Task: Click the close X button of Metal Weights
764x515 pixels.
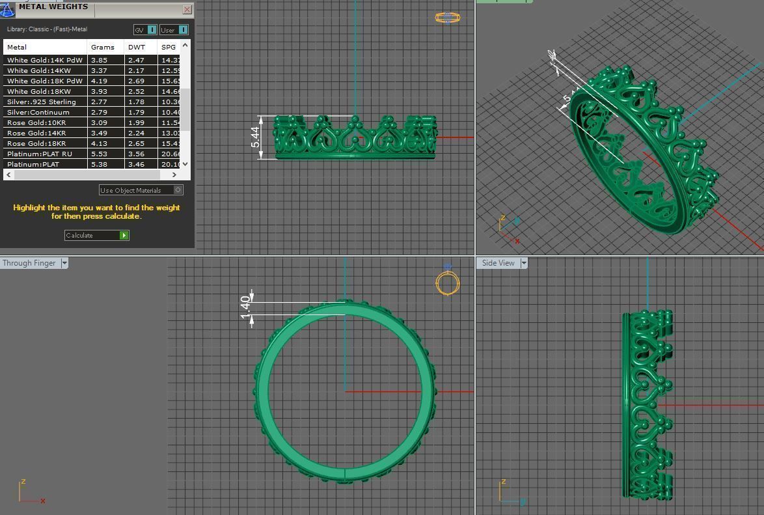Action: [187, 9]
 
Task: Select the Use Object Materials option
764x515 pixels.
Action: [141, 190]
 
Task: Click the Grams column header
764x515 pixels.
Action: [103, 47]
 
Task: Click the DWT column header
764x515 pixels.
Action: [137, 47]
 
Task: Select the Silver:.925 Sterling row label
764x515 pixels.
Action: [42, 102]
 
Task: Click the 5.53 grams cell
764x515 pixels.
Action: [99, 154]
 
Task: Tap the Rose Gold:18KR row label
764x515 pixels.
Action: [36, 143]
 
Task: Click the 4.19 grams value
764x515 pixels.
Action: [99, 81]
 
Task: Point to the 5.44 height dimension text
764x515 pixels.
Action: [255, 137]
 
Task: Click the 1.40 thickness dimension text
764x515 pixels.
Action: [245, 307]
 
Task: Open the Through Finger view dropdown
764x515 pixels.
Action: [64, 263]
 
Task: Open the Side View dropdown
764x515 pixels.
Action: [523, 263]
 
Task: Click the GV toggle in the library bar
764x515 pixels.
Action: [145, 30]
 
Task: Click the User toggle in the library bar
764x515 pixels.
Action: [174, 30]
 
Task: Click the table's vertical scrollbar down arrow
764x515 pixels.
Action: [185, 164]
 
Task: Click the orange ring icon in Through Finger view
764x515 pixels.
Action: [447, 283]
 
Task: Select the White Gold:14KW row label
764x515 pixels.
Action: [39, 70]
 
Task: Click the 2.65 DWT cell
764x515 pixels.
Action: [136, 143]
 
